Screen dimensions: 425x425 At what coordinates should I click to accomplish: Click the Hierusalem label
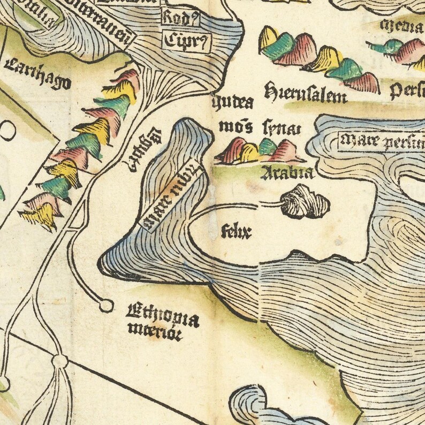point(306,93)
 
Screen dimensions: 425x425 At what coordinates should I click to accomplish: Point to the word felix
point(235,231)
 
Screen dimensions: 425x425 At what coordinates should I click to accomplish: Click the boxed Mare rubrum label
point(168,198)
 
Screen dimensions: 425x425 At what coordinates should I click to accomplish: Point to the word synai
point(282,128)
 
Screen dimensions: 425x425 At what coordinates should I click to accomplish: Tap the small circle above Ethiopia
point(107,306)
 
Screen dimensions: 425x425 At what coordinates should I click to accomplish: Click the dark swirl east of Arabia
point(305,202)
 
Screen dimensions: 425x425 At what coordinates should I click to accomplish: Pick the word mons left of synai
point(235,128)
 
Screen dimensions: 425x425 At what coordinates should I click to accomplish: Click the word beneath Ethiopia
point(155,333)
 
